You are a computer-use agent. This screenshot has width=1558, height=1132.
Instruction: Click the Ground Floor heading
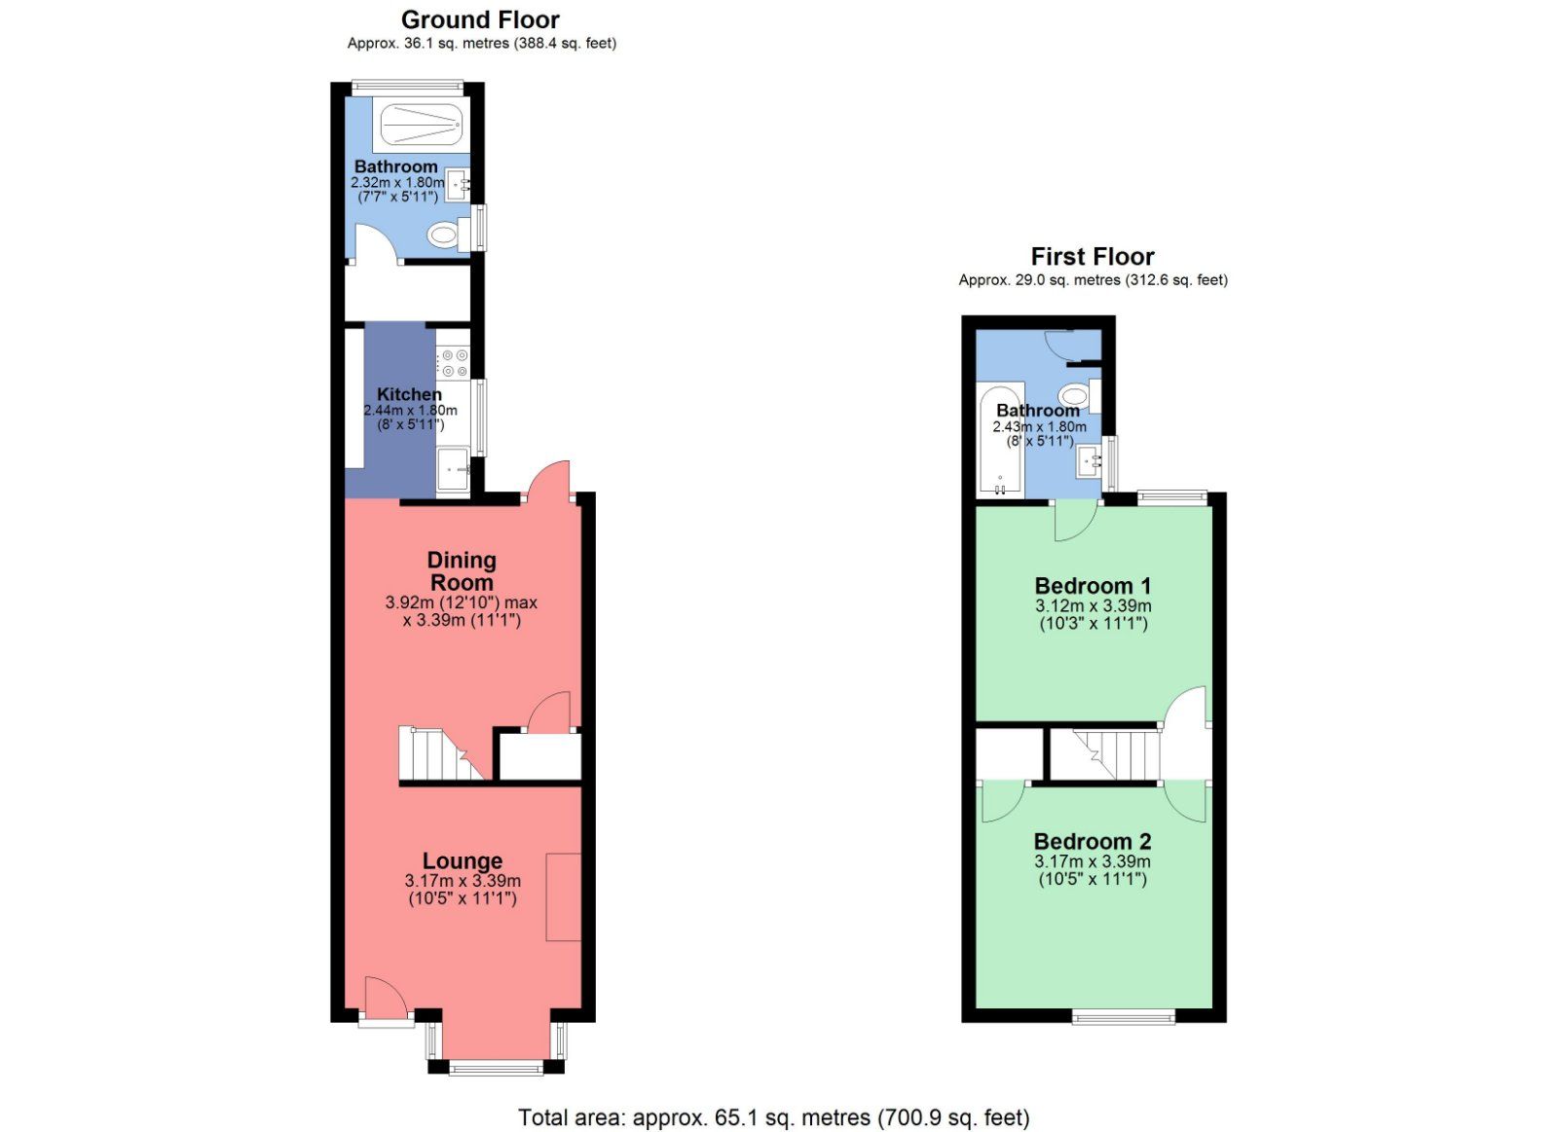point(480,20)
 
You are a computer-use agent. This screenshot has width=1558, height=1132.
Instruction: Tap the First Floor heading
point(1092,257)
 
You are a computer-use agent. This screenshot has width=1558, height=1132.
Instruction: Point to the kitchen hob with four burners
point(454,364)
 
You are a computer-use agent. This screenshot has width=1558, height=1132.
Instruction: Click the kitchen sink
point(453,469)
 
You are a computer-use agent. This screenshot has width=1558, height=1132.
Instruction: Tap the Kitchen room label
point(409,394)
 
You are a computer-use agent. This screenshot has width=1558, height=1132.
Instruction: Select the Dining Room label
point(462,571)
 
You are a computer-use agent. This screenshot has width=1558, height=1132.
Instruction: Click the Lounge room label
point(463,861)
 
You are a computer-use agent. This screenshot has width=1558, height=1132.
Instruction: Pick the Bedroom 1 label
point(1093,586)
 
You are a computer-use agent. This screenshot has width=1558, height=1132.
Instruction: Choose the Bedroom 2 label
point(1093,842)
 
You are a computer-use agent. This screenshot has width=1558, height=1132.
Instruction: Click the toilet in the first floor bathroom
point(1075,395)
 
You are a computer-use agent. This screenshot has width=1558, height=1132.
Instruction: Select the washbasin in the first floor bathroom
point(1091,462)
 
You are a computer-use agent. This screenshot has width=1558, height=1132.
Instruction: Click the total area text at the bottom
point(773,1118)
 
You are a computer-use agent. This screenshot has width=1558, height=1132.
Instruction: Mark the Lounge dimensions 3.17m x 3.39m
point(463,881)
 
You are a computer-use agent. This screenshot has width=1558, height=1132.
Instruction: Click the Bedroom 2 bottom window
point(1124,1017)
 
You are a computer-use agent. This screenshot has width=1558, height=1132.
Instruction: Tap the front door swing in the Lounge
point(384,998)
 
